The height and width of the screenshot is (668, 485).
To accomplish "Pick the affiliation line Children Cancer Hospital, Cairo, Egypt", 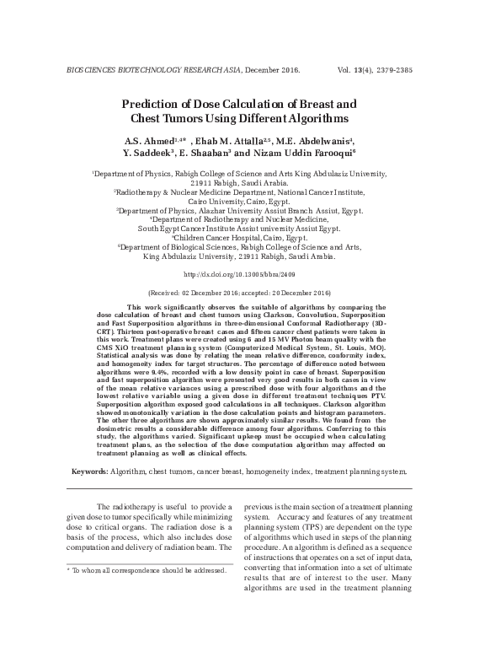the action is [242, 239].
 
